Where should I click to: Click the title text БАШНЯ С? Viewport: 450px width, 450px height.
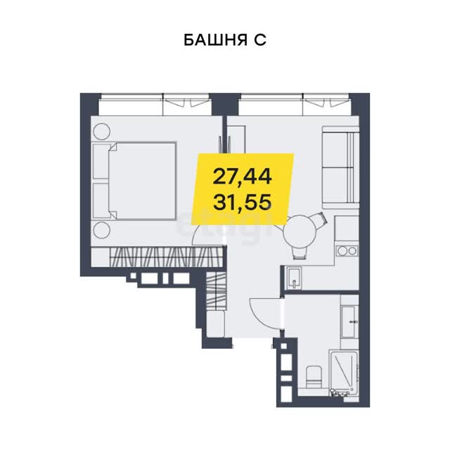point(225,40)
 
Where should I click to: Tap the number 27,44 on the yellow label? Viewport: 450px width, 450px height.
point(242,176)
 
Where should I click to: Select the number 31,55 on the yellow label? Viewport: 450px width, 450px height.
point(242,202)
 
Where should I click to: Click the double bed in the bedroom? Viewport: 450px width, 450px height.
point(134,181)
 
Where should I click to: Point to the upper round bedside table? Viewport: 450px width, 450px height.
point(102,131)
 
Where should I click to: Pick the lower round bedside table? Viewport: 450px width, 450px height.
point(102,230)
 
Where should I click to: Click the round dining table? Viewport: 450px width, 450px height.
point(300,231)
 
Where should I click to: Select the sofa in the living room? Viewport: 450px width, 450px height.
point(340,167)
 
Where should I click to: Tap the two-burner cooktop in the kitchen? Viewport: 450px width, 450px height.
point(347,251)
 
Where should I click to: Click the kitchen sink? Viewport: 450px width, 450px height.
point(293,278)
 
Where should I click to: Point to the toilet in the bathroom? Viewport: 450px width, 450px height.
point(314,377)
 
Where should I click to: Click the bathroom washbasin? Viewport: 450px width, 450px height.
point(349,322)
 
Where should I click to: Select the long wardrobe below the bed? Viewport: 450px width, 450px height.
point(157,257)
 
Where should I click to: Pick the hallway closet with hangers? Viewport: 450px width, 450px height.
point(216,290)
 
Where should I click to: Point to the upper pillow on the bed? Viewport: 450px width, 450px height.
point(102,161)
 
